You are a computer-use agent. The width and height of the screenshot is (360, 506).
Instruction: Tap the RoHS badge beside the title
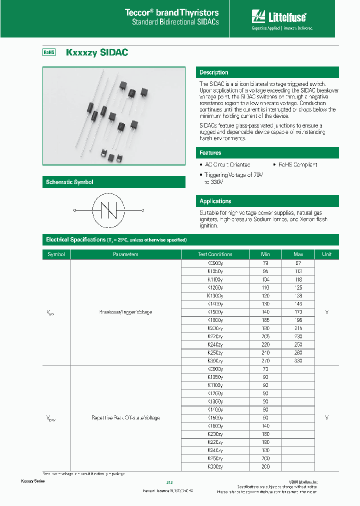pos(48,52)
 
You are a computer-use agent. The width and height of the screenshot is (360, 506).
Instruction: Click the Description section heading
pos(214,72)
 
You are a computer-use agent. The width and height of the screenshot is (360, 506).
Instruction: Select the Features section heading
pos(210,153)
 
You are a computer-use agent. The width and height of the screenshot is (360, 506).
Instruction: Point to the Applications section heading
pos(215,201)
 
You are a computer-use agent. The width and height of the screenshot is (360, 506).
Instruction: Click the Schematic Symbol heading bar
pos(69,182)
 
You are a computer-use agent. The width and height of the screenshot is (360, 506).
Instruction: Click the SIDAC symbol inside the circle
pos(109,210)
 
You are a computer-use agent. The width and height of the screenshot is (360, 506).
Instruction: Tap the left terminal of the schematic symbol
pos(75,210)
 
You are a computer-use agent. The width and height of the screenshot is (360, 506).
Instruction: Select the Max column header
pos(298,254)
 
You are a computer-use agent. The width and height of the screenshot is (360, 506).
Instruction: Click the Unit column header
pos(326,254)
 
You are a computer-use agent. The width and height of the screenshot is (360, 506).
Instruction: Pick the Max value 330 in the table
pos(298,360)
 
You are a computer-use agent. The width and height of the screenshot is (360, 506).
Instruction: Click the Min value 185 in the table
pos(265,320)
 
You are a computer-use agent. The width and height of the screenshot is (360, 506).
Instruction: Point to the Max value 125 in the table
pos(298,288)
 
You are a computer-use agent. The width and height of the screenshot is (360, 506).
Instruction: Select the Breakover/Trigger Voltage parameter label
pos(125,312)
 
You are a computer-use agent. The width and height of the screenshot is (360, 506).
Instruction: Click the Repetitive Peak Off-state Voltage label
pos(125,417)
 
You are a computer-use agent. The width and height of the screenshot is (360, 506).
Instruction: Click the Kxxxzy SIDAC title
pos(97,52)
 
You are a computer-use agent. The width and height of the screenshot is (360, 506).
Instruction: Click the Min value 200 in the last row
pos(265,466)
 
